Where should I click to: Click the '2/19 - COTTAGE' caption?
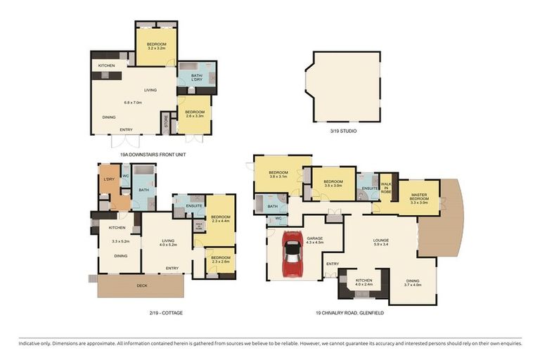tap(163, 311)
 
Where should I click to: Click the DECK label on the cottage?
tap(142, 286)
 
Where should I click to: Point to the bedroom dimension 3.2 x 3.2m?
tap(156, 49)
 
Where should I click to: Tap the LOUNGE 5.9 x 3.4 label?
tap(380, 243)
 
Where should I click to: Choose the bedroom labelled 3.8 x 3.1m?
tap(278, 176)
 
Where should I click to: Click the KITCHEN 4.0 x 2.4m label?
tap(364, 283)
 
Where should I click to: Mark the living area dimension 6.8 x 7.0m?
tap(133, 103)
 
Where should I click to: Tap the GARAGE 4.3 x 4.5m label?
tap(314, 241)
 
